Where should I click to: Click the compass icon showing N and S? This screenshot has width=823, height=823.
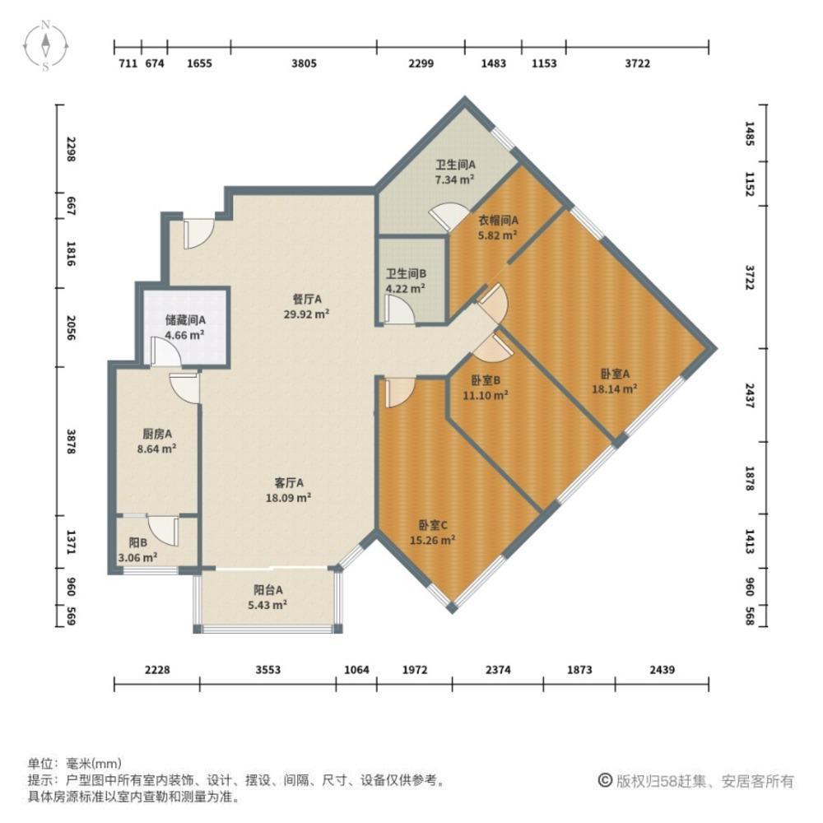[x=48, y=45]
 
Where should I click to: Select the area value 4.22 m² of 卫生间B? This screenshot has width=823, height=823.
[x=405, y=289]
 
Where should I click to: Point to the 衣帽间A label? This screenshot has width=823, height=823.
[x=498, y=220]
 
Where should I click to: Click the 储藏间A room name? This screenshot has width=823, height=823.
[x=184, y=320]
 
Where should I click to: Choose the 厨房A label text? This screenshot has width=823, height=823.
[x=156, y=434]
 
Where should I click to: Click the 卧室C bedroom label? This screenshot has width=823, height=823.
[x=432, y=525]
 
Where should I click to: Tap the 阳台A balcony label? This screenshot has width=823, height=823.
[x=268, y=589]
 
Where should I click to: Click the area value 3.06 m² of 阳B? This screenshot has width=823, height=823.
[x=138, y=557]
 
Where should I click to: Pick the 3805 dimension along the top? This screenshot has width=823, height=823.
[x=304, y=63]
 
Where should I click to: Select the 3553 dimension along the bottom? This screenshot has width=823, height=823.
[x=267, y=670]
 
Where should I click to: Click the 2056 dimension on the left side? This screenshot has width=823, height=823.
[x=72, y=327]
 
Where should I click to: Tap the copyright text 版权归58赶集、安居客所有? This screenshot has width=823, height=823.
[x=704, y=781]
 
